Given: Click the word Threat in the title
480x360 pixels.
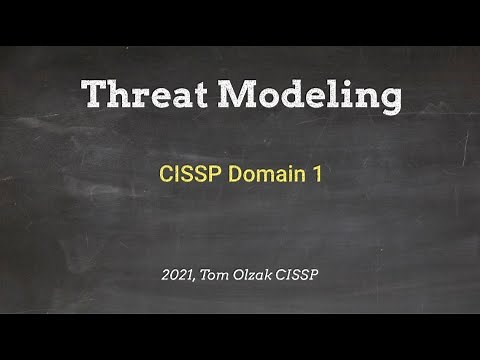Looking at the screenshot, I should pos(147,95).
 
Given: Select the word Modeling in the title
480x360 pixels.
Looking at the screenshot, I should pos(311,95).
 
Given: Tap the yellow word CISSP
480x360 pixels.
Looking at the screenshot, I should pos(189,174).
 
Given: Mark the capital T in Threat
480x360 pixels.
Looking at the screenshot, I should pos(93,95).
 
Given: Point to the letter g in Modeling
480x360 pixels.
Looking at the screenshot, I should pos(389,100).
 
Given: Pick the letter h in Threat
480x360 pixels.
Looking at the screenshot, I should pos(119,95).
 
